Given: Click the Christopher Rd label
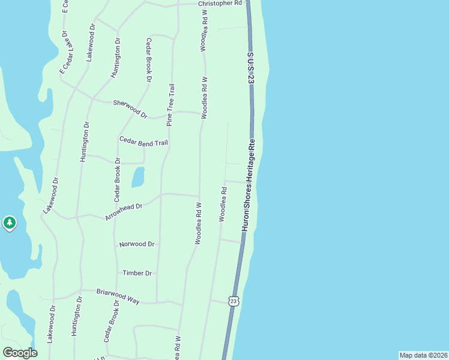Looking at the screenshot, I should [220, 3].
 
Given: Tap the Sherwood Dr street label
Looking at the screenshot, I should [130, 108].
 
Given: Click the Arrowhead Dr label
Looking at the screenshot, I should [123, 212].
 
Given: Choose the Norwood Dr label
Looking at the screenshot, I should [137, 244].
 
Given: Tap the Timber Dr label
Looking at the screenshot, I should [137, 273].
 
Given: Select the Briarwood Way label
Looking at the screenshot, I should [118, 296].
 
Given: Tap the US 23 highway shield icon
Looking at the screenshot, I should [234, 300].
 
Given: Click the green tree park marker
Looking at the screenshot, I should [9, 223].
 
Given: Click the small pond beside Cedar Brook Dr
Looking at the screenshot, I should [138, 177].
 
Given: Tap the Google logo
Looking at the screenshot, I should [20, 353].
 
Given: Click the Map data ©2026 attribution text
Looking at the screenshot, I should [424, 355].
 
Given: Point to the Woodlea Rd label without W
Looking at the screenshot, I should [223, 204].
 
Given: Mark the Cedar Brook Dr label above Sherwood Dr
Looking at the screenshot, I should [149, 59].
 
